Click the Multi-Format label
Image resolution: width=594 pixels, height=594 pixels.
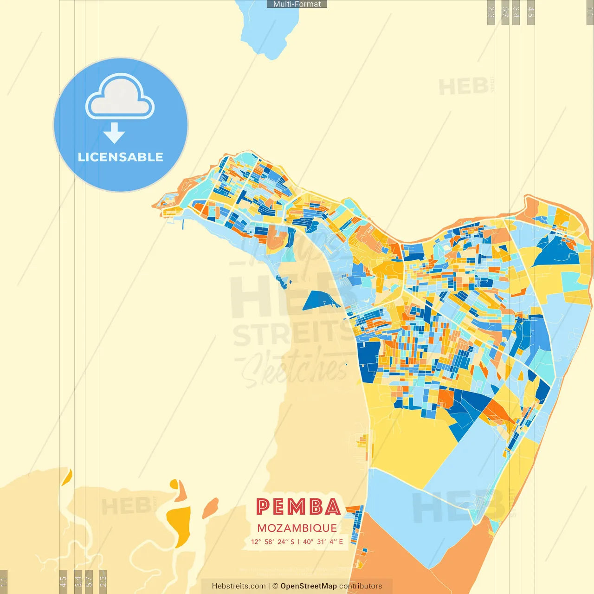point(297,4)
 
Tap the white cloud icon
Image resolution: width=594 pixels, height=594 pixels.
point(120,98)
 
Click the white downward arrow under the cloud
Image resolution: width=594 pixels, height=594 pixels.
point(114,133)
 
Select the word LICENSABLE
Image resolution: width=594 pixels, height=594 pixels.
point(121,157)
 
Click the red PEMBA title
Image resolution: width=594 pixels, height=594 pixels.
point(298,507)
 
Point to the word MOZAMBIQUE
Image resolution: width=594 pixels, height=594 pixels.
point(297,528)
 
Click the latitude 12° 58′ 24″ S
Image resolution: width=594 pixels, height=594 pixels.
point(273,542)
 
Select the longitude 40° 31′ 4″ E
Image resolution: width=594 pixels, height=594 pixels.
point(323,542)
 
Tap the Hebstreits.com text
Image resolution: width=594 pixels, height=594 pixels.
point(239,586)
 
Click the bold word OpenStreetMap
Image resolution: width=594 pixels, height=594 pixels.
point(309,586)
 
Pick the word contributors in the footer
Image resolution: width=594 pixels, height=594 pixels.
point(361,586)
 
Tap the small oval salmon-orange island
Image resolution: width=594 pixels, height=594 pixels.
point(210,508)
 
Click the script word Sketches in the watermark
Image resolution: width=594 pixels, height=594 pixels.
point(295,369)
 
